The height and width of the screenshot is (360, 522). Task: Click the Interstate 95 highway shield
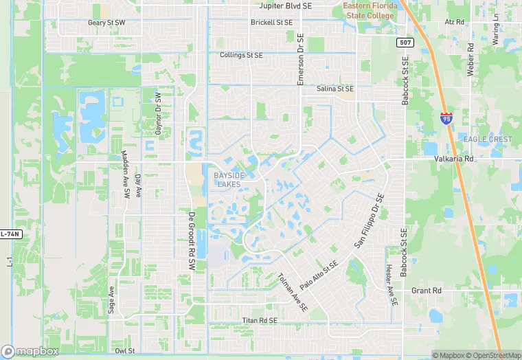pos(447,119)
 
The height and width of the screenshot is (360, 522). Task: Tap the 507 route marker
pos(405,43)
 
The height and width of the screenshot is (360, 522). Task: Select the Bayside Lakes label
pos(228,179)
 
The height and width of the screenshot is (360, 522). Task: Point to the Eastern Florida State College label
pos(370,10)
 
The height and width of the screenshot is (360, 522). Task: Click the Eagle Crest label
pos(488,139)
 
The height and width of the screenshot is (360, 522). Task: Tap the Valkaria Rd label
pos(454,159)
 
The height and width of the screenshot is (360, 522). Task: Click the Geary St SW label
pos(106,23)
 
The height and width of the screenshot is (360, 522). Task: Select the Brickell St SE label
pos(271,23)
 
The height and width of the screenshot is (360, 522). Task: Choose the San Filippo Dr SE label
pos(369,221)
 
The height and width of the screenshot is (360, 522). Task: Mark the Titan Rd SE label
pos(260,321)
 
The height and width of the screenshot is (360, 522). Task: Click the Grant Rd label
pos(426,291)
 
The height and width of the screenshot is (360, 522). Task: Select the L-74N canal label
pos(11,234)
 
